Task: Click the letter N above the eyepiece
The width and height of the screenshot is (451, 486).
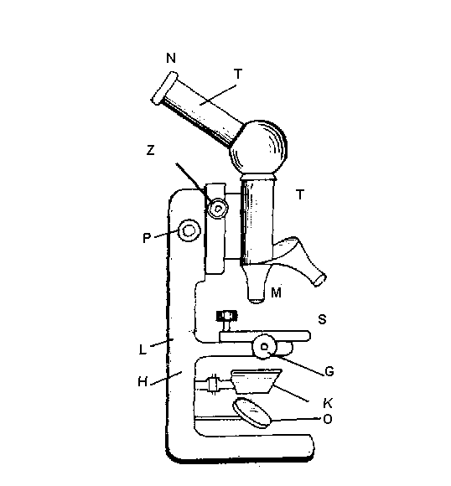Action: pos(171,58)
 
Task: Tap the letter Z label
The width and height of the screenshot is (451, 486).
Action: pos(150,150)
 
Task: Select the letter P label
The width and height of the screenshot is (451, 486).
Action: pos(147,238)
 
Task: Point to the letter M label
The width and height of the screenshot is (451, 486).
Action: pos(276,292)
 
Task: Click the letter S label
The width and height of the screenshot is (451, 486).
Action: pos(322,319)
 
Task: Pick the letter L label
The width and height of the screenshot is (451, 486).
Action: pos(143,350)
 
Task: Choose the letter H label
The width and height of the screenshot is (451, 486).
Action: pos(143,382)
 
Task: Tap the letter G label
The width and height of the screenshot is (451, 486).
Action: pos(329,371)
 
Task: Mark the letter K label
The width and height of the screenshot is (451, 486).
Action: pos(328,403)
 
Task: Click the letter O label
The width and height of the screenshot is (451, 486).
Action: pos(328,419)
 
